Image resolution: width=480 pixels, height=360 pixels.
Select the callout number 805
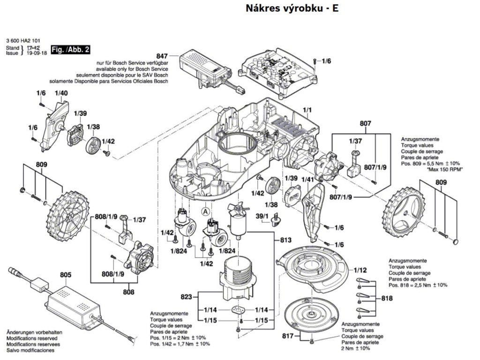point(66,276)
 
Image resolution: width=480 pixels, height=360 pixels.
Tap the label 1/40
point(61,93)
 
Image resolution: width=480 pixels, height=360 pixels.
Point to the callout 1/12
point(360,270)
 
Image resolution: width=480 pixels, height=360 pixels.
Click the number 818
point(387,298)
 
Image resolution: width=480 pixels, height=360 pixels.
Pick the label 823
point(186,296)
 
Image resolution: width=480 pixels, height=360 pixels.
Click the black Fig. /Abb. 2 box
point(70,50)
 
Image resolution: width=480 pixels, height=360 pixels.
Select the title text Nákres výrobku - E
point(292,9)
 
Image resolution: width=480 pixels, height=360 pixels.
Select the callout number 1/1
point(307,112)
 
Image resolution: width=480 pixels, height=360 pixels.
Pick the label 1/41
point(307,180)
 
